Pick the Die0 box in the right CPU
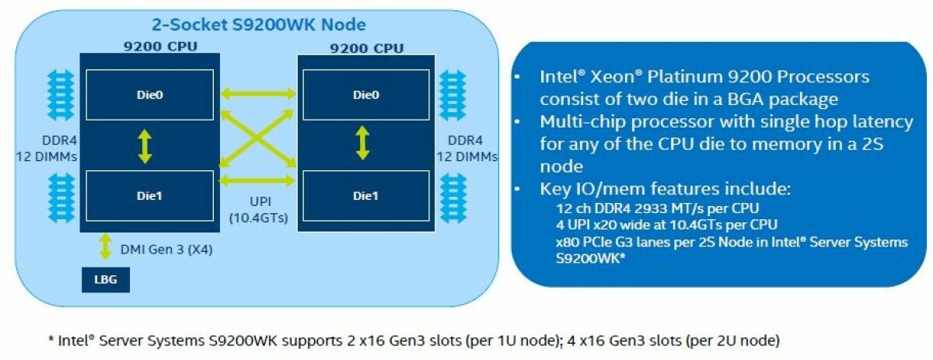click(x=365, y=95)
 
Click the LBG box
click(x=105, y=280)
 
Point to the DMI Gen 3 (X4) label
click(x=166, y=250)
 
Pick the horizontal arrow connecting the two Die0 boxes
click(x=259, y=94)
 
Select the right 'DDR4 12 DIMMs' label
click(x=466, y=148)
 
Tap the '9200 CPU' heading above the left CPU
click(x=160, y=47)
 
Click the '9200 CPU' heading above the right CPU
click(x=366, y=48)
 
